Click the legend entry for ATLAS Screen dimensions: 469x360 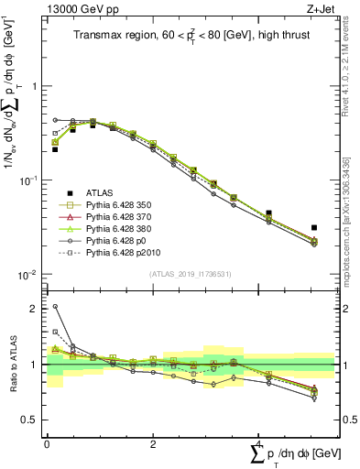100,192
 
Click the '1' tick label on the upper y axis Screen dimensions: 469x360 35,86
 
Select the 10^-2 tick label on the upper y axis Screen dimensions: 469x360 30,275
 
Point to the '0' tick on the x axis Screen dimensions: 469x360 47,443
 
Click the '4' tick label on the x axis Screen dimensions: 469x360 259,443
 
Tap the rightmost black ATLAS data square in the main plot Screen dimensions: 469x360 314,227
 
